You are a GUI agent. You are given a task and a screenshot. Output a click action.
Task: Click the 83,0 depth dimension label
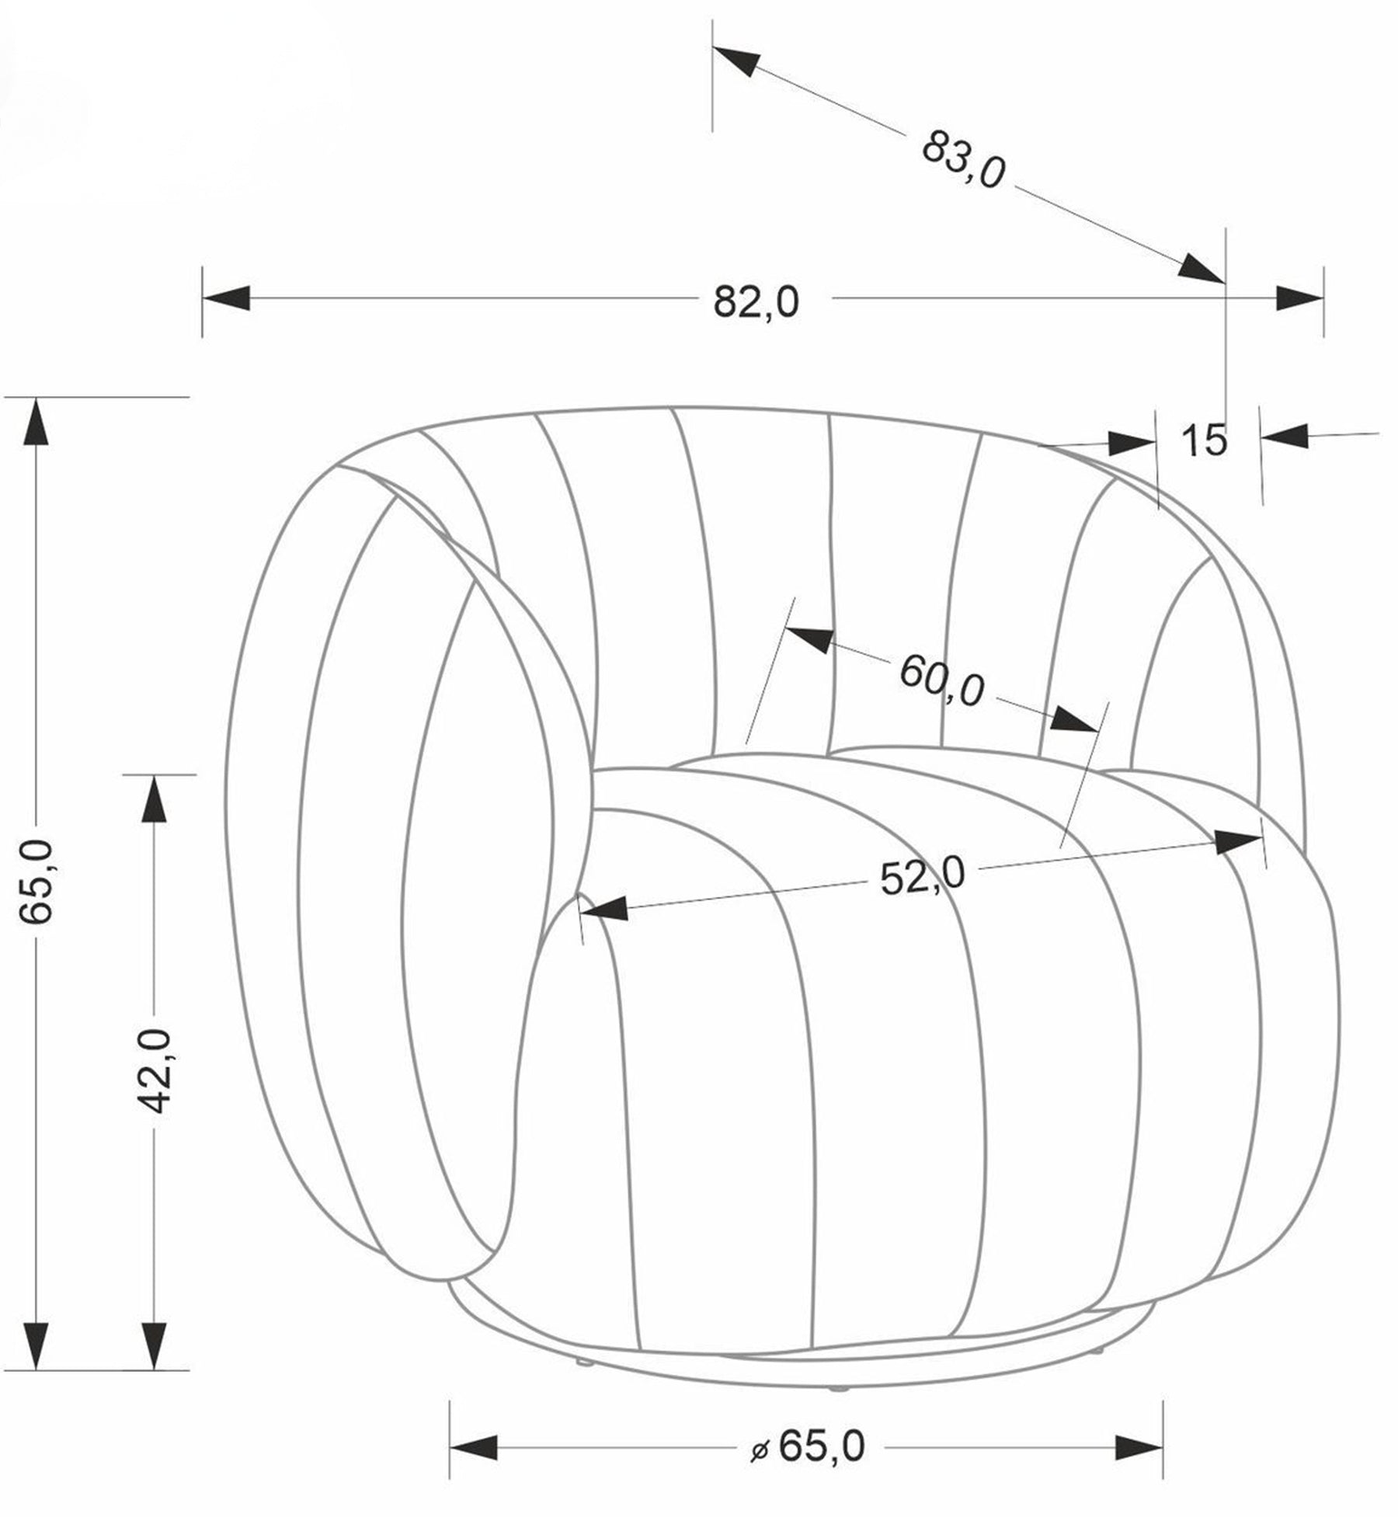[x=963, y=159]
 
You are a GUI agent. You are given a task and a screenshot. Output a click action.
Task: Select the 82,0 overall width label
[x=756, y=302]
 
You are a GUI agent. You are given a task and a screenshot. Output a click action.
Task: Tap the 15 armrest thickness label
[x=1205, y=440]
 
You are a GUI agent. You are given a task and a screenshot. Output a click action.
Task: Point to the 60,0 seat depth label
[x=941, y=680]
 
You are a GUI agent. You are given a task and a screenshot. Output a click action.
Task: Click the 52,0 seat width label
[x=923, y=878]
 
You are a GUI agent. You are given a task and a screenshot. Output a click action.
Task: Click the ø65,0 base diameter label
[x=807, y=1446]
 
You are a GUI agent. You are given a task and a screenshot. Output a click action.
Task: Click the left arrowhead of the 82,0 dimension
[x=226, y=297]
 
